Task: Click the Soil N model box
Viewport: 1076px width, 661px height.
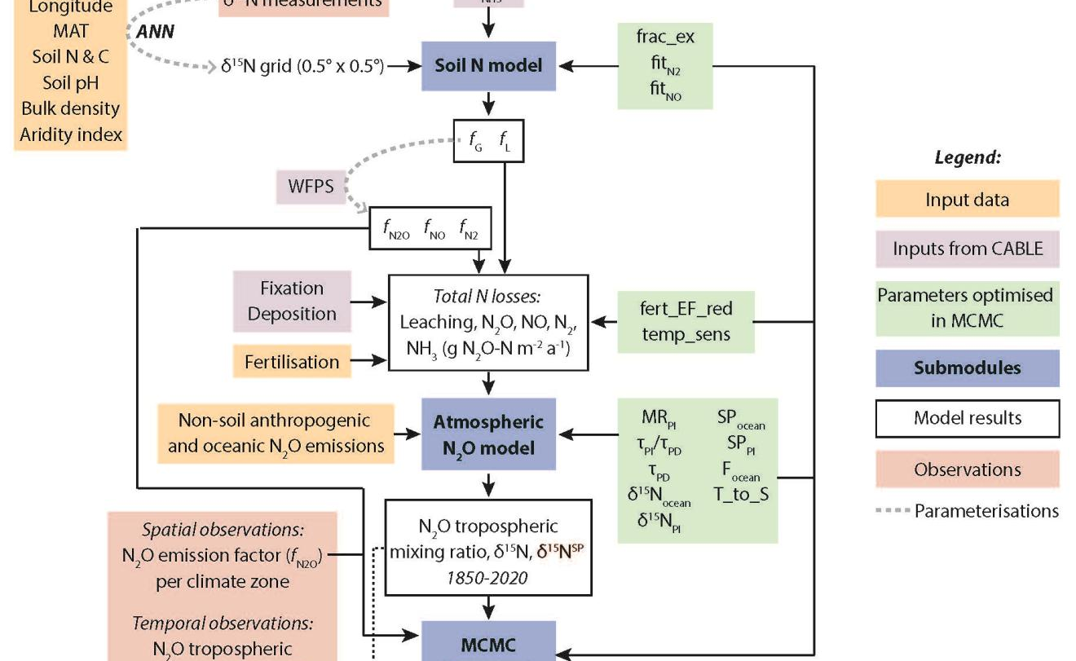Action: (488, 65)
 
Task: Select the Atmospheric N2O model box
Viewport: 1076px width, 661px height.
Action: (488, 434)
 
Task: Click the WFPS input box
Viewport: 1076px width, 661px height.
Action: (311, 186)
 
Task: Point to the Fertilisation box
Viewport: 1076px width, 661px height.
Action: (292, 362)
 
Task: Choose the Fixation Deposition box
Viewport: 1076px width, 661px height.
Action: (292, 301)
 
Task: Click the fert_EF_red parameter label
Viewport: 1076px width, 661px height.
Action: (686, 309)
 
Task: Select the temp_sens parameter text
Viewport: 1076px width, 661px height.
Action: (686, 334)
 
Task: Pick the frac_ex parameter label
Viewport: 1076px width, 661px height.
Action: (665, 37)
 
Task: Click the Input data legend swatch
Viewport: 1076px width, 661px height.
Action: (967, 199)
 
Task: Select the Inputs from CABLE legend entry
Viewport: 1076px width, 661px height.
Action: (967, 249)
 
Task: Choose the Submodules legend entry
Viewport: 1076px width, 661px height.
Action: (967, 368)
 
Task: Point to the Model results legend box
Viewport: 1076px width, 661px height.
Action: (967, 418)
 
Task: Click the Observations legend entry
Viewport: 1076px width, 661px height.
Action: (967, 469)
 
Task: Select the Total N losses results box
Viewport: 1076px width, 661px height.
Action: (488, 322)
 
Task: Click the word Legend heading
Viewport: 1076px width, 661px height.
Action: (967, 157)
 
